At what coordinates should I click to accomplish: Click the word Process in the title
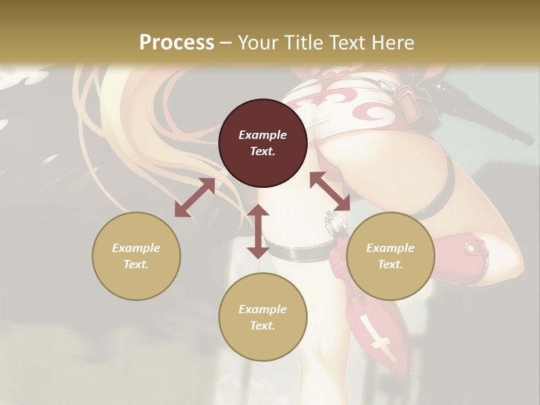177,43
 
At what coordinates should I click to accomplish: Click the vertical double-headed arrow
258,231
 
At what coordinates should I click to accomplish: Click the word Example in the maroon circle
263,135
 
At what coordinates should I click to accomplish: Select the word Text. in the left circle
136,264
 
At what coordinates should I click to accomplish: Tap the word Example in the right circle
390,248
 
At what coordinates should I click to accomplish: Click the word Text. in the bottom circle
263,326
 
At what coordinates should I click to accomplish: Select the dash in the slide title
226,43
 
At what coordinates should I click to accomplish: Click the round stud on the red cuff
470,247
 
